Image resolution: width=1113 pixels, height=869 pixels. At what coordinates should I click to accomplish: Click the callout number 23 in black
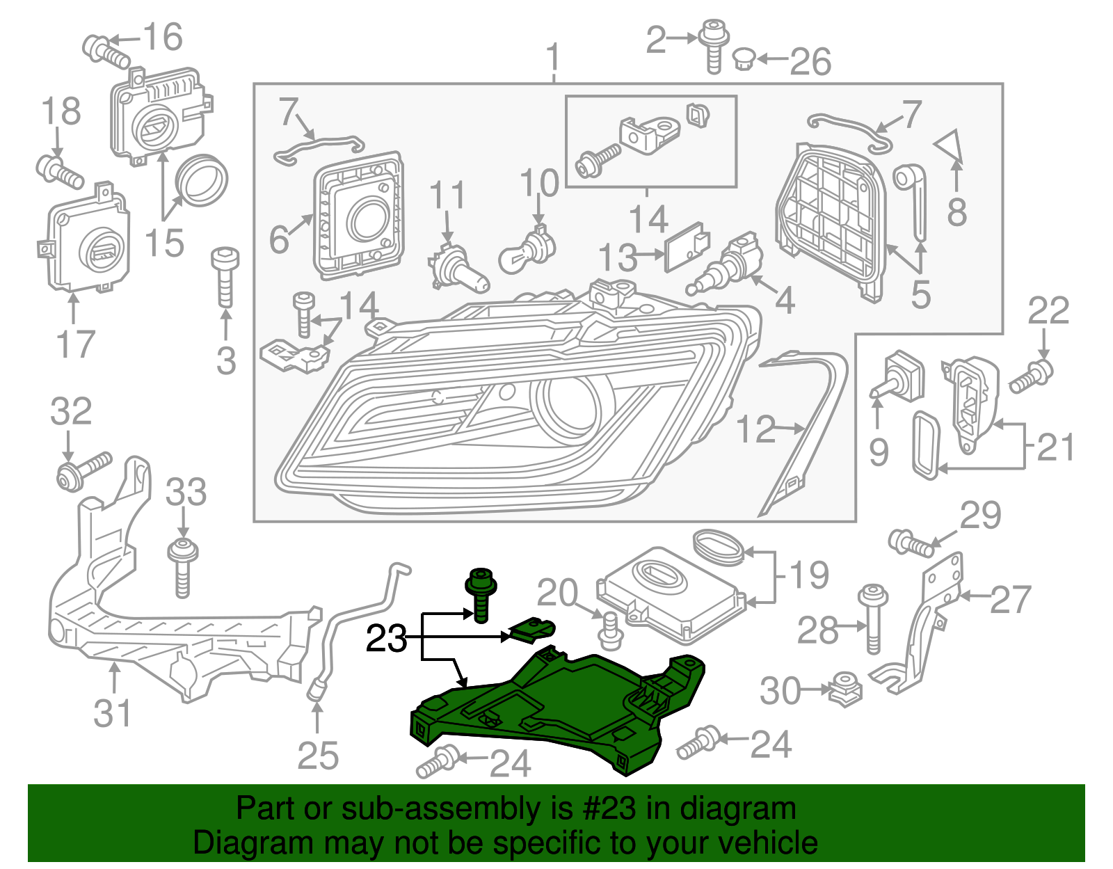coord(386,638)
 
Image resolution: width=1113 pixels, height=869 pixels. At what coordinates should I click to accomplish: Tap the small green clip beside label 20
coord(533,630)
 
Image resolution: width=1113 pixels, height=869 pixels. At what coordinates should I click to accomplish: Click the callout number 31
coord(112,714)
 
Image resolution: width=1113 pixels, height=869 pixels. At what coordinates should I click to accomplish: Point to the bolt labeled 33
coord(182,567)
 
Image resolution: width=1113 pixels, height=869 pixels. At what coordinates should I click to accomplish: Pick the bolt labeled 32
coord(82,471)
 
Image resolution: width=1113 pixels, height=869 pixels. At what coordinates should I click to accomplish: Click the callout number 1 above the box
coord(553,58)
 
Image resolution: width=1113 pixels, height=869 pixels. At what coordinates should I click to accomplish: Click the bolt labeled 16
coord(106,49)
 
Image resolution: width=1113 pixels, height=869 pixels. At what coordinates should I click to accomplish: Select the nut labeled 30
coord(846,689)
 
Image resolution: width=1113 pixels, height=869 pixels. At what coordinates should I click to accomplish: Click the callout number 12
coord(755,429)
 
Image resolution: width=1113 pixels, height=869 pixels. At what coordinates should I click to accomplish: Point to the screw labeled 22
coord(1031,376)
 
